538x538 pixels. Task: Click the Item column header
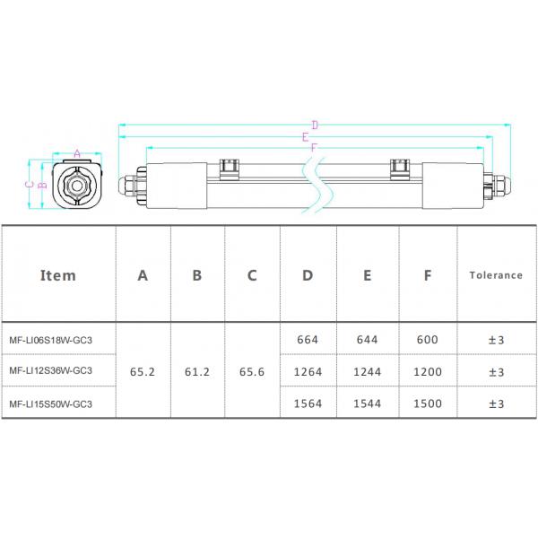[58, 275]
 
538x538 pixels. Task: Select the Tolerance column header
[495, 275]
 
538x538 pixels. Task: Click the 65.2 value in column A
[143, 371]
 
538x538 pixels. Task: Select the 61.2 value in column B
[197, 371]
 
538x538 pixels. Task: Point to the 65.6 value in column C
[252, 371]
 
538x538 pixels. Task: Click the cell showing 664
[308, 340]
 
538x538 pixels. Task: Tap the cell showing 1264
[308, 371]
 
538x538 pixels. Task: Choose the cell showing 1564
[308, 403]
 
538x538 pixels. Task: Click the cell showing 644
[368, 340]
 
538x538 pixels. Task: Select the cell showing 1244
[368, 371]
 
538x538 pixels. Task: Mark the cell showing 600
[428, 340]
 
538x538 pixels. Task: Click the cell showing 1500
[428, 403]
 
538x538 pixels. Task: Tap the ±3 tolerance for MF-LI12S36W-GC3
[495, 371]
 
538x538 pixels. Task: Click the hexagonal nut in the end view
[77, 187]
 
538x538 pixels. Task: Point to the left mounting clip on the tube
[230, 167]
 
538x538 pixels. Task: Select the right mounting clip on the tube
[400, 167]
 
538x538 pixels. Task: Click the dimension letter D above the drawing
[315, 126]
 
